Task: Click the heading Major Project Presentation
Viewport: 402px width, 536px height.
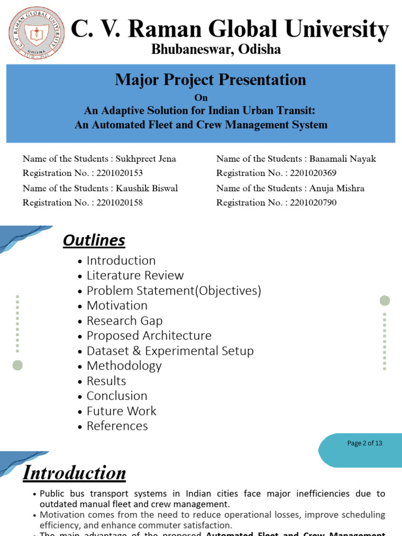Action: pos(210,80)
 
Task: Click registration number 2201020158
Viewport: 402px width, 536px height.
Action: pos(120,202)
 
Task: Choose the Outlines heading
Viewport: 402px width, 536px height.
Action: pos(94,240)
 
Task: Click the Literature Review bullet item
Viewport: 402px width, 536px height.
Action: pos(135,275)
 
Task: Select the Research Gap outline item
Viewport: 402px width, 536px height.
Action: pos(125,320)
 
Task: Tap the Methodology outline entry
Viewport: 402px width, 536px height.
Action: pos(124,365)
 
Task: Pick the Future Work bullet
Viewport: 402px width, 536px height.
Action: pos(121,411)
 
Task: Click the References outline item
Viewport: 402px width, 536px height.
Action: pos(117,426)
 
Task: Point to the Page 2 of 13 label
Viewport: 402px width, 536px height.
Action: pos(365,443)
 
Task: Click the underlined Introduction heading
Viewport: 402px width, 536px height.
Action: pos(74,473)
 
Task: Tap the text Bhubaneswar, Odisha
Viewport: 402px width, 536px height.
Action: pos(216,50)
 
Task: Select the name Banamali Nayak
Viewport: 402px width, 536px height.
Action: pos(343,159)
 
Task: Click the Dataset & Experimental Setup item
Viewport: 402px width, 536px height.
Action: pos(170,351)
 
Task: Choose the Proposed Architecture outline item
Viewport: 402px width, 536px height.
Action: pos(149,336)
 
